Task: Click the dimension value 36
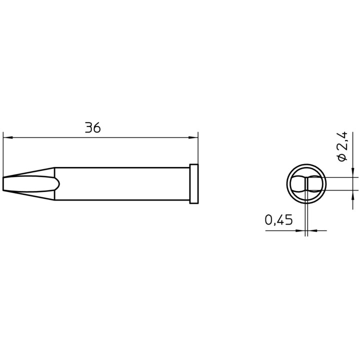point(93,128)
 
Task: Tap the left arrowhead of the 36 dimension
point(6,137)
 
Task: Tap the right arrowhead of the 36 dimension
point(194,137)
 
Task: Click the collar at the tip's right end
point(194,184)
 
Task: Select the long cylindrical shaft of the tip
point(122,184)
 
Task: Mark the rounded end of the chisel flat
point(58,184)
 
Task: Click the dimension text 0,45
point(278,220)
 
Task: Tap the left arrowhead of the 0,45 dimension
point(301,230)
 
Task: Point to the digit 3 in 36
point(88,128)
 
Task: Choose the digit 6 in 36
point(97,128)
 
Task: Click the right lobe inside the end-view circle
point(316,184)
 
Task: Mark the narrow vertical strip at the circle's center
point(306,184)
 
